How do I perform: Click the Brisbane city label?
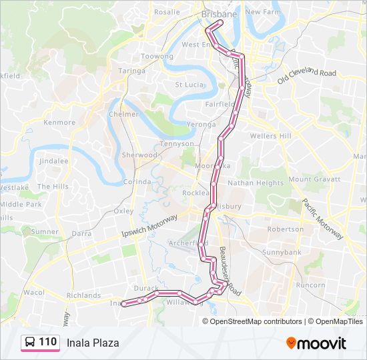click(219, 14)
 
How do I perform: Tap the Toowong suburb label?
click(157, 57)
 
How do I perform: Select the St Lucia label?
click(188, 85)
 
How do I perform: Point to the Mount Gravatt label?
click(309, 179)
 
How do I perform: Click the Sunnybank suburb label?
click(282, 253)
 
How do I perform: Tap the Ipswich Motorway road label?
click(149, 227)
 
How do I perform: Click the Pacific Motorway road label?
click(322, 219)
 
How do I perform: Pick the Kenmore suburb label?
click(59, 123)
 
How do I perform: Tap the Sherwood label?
click(139, 155)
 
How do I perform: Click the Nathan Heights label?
click(256, 183)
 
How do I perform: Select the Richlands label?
click(83, 295)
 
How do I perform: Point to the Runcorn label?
click(310, 285)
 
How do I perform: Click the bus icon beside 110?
click(30, 343)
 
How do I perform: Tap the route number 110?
click(48, 343)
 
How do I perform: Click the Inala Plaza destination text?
click(93, 343)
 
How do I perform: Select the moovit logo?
click(316, 343)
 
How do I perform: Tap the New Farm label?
click(262, 12)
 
